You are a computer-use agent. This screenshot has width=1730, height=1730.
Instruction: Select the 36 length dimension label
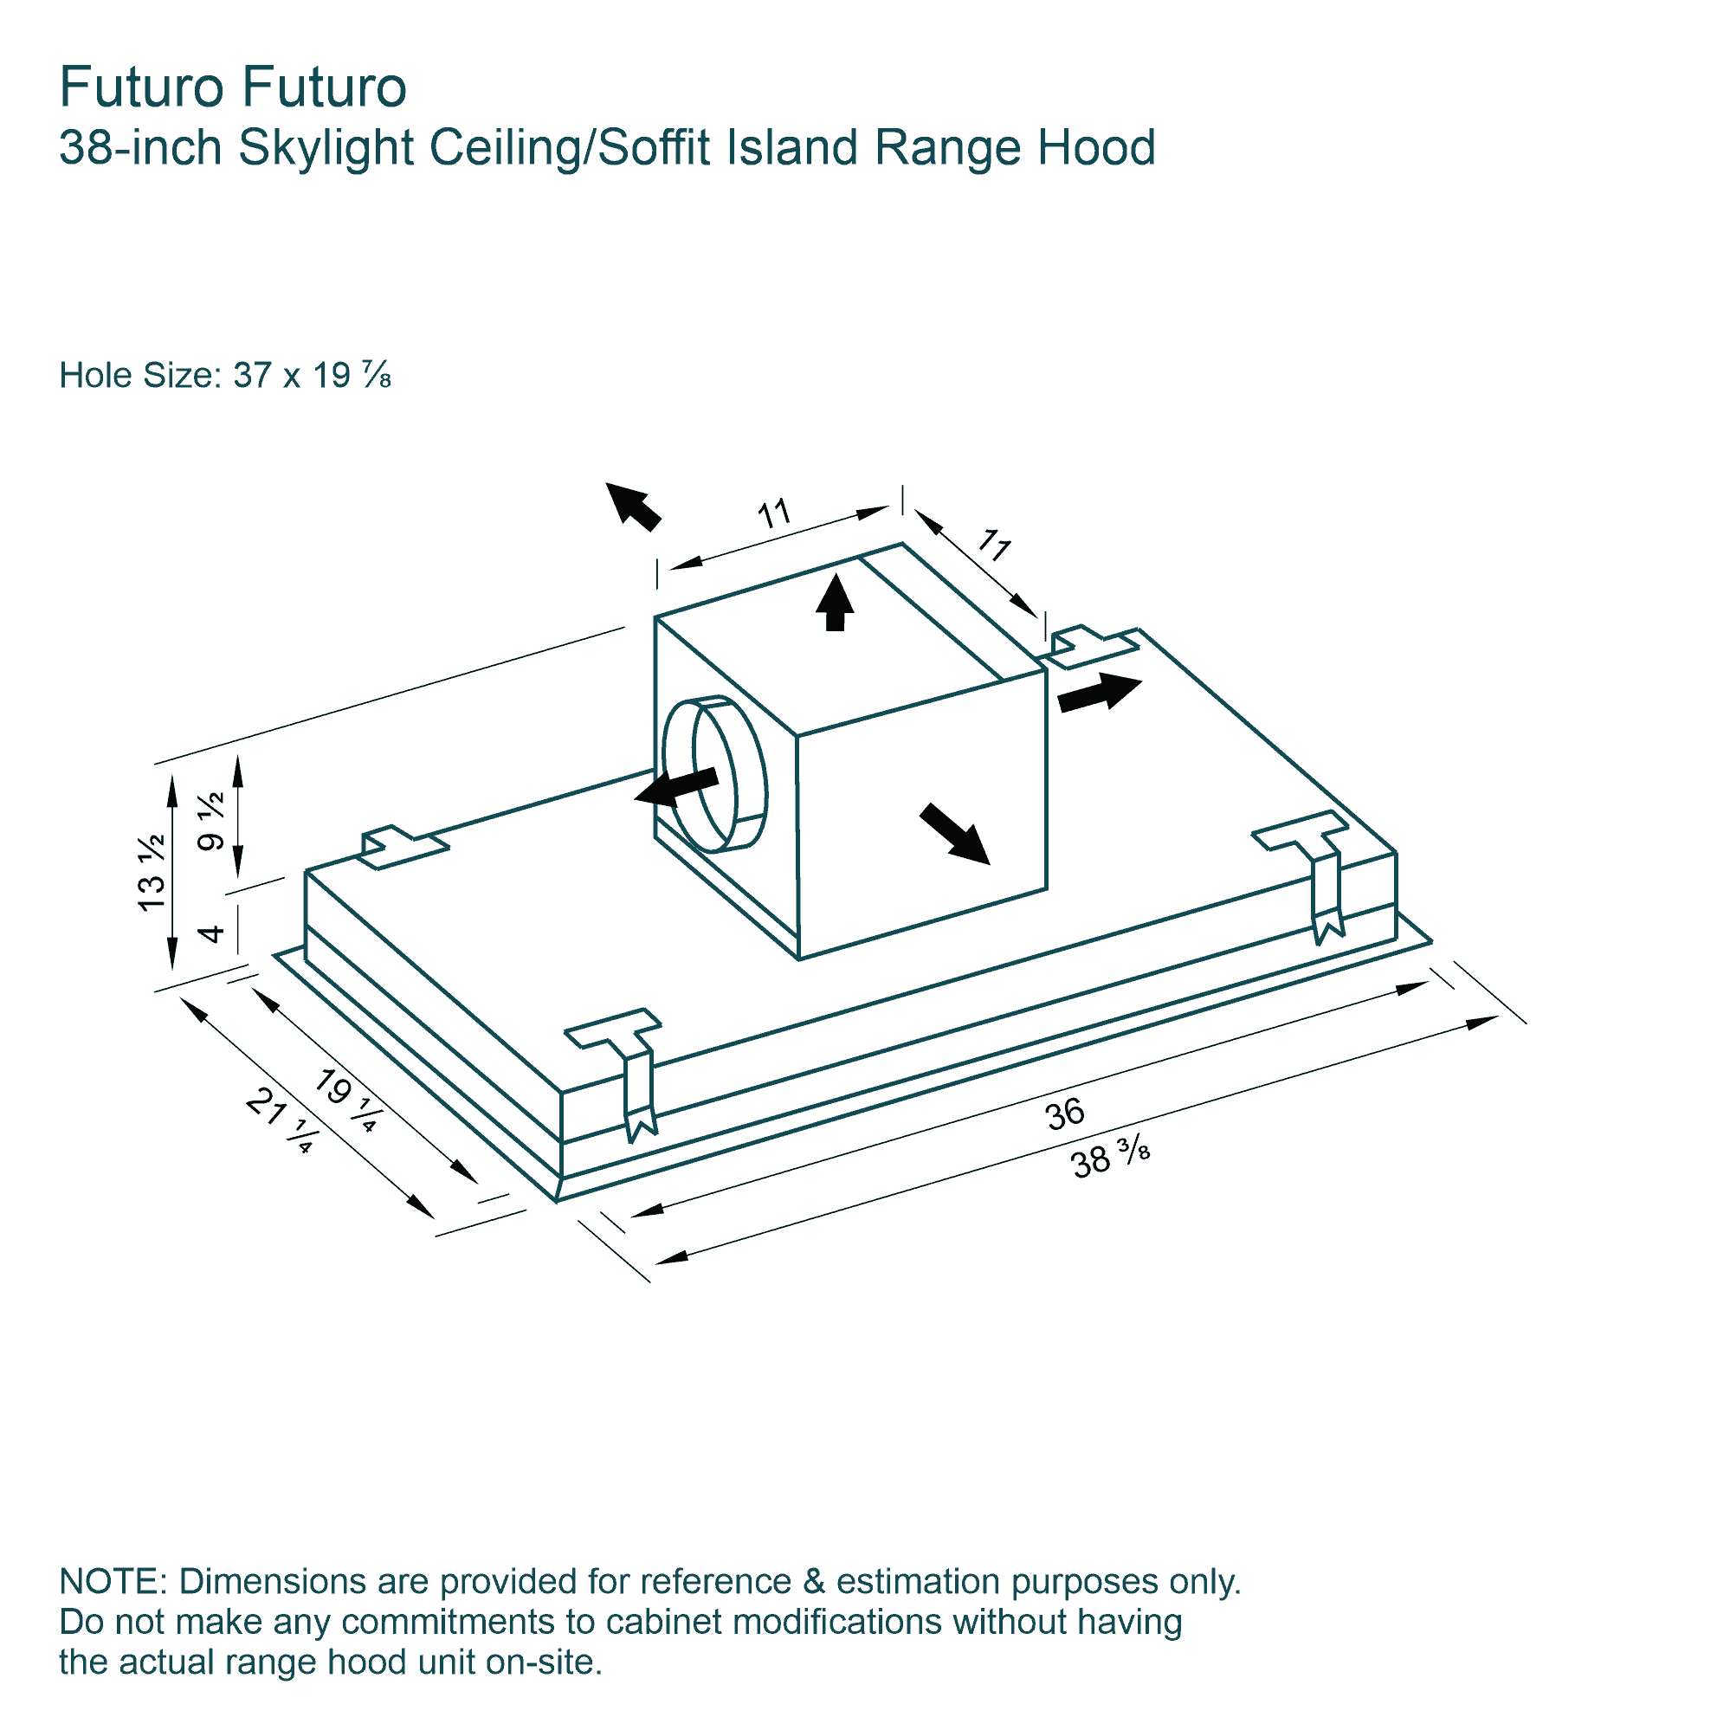1065,1115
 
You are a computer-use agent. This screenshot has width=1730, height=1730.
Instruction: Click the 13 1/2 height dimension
152,872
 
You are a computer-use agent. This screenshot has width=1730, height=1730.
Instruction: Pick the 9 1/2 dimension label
211,821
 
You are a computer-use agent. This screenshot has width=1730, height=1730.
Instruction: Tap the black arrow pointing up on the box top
836,602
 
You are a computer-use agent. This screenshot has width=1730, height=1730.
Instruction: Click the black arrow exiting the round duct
676,787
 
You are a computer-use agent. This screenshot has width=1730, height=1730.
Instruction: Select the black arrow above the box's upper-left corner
633,506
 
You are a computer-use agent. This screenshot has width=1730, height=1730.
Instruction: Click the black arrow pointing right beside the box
1100,693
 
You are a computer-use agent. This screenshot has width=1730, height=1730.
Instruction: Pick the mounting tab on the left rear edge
404,847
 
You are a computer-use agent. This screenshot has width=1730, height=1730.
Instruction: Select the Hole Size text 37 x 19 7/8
312,375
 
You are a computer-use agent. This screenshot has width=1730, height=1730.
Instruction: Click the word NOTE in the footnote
108,1581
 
